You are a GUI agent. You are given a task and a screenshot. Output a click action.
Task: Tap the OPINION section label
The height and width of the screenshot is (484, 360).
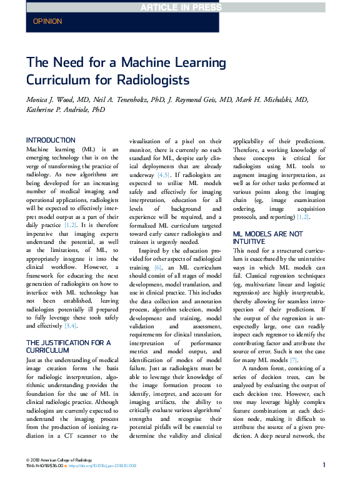(47, 21)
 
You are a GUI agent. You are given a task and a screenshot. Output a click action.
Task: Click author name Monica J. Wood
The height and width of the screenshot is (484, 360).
(56, 100)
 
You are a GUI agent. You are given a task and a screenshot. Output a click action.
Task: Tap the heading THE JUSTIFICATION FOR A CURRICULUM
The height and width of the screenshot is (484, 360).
(67, 346)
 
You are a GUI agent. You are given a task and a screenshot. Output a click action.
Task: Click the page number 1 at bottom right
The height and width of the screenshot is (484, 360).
(324, 465)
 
